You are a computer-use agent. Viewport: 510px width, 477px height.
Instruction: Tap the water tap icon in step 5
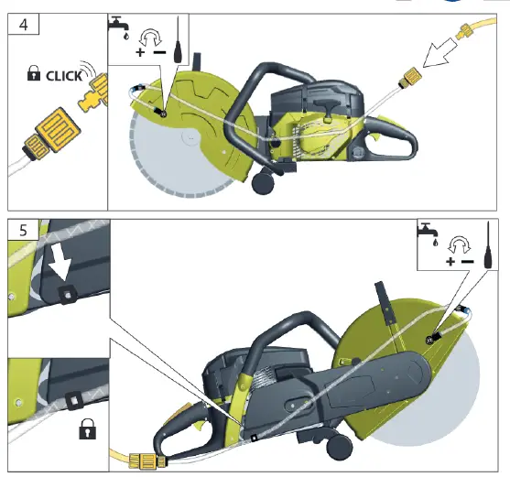(428, 232)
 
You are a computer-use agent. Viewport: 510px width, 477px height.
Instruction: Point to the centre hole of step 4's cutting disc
(188, 138)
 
